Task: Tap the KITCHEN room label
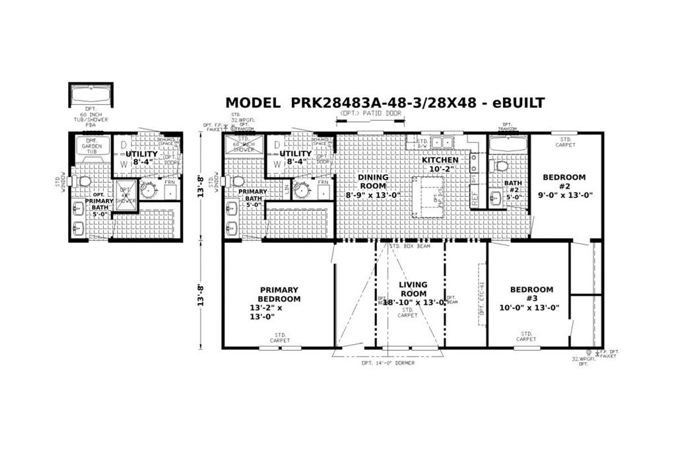440,160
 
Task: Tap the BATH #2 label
513,188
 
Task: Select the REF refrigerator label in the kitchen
474,196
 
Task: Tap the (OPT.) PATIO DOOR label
370,114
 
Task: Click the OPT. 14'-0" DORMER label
388,363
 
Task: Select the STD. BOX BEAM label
411,246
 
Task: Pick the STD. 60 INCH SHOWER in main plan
244,145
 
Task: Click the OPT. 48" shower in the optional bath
125,197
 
